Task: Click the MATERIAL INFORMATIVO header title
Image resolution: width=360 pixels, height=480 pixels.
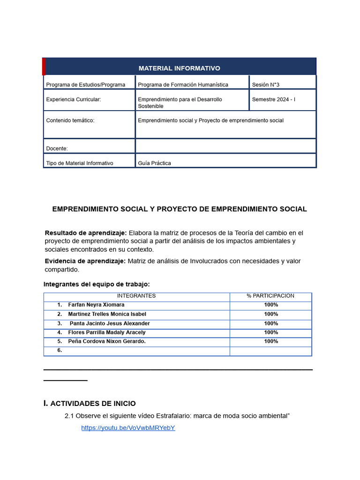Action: coord(179,68)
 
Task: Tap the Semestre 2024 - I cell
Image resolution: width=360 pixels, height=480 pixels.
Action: coord(273,99)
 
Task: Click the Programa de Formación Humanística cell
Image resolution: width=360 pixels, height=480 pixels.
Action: coord(183,85)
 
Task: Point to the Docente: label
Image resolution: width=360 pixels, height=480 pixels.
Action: coord(57,149)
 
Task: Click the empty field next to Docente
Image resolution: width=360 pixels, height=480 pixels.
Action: coord(225,146)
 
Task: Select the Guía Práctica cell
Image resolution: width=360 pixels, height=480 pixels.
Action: coord(154,163)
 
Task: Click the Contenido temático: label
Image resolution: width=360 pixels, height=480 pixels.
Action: coord(70,120)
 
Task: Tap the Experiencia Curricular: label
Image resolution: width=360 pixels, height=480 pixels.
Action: coord(73,99)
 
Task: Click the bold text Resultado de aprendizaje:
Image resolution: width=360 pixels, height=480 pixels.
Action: coord(86,233)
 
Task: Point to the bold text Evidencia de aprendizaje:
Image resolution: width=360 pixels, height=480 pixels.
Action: coord(85,261)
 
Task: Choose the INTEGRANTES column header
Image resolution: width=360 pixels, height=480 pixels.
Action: coord(136,296)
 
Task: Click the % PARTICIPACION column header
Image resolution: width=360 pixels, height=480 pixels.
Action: coord(270,296)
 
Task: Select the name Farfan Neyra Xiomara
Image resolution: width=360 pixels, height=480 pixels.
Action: coord(96,305)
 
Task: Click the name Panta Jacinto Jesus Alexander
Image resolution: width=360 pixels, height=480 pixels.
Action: coord(110,323)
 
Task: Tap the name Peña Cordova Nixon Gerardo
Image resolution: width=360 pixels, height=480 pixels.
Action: coord(107,341)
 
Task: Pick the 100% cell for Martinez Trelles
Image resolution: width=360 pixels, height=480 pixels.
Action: coord(271,314)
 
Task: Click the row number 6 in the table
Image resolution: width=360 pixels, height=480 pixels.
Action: coord(60,350)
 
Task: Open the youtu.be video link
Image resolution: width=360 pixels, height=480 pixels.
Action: coord(128,428)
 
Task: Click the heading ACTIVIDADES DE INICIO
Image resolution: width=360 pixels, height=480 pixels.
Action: coord(93,404)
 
